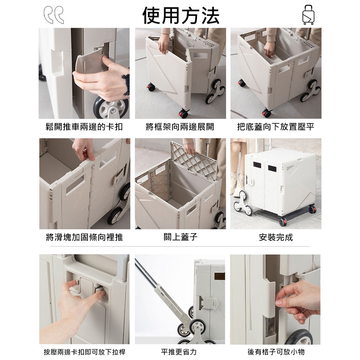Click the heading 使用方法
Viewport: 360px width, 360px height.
pos(181,15)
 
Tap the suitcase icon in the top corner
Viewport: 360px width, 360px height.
pos(308,15)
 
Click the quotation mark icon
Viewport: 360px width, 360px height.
pos(54,15)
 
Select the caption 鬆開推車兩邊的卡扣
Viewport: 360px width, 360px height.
pos(84,127)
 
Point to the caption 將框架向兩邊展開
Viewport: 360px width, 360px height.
pos(180,127)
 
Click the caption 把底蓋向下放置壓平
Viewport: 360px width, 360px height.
pos(276,127)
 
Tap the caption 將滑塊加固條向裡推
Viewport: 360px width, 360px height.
pos(84,237)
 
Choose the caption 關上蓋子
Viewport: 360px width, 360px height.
pos(180,237)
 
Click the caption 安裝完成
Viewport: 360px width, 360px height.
pos(276,237)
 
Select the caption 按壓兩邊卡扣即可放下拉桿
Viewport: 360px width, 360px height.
pos(84,352)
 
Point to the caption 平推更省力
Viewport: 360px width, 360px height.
pos(178,352)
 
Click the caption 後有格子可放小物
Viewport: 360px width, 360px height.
pos(276,352)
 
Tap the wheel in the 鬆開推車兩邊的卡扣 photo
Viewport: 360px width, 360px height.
pos(111,108)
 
